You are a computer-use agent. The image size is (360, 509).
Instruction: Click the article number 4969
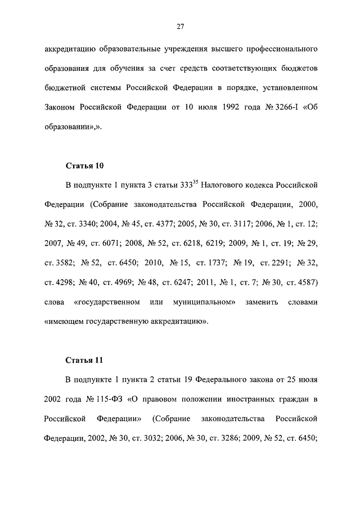click(139, 282)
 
